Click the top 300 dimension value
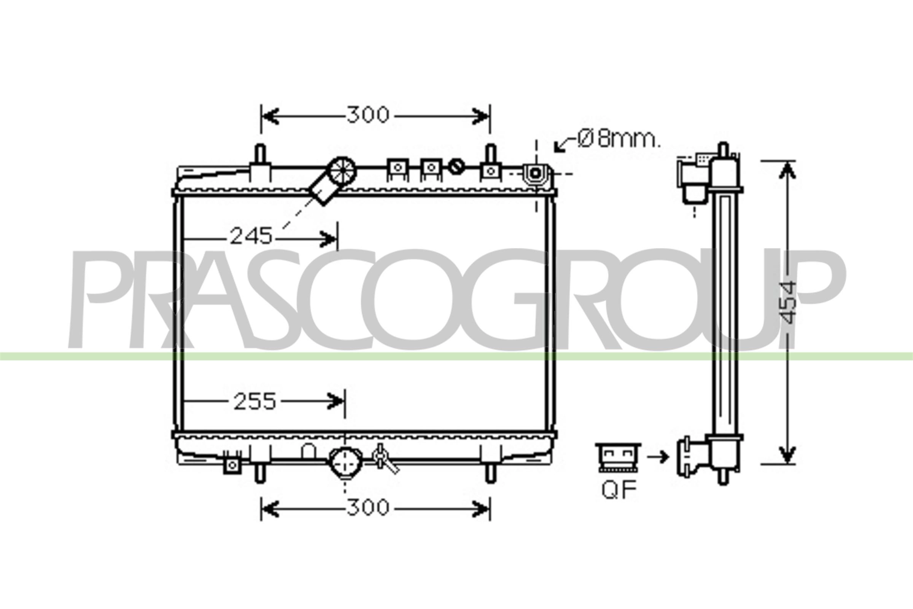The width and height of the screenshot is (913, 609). coord(367,115)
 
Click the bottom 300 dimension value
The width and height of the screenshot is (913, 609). coord(367,507)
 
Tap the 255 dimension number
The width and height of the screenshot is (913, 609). coord(254,402)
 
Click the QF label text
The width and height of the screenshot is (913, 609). coord(619,490)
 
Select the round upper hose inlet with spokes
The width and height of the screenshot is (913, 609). coord(342,171)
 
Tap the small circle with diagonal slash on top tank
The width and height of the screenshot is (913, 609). coord(456,167)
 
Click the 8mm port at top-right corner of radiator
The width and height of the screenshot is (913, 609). coord(536,173)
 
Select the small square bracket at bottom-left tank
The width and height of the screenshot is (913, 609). coord(232,465)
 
